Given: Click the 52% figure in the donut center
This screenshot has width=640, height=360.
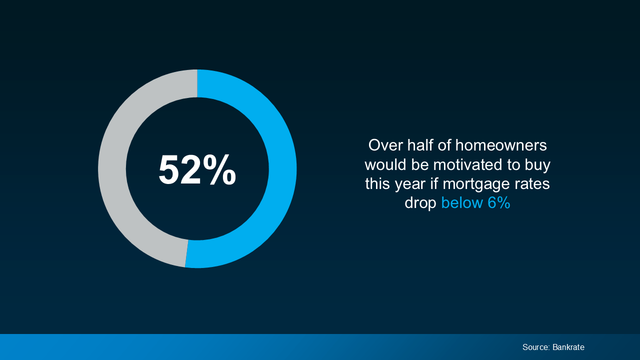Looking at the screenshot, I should tap(197, 170).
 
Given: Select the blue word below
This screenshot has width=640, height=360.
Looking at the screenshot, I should tap(459, 202).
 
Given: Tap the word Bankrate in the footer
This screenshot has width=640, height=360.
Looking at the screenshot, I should tap(568, 347).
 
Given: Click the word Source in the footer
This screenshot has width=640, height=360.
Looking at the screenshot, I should tap(535, 347).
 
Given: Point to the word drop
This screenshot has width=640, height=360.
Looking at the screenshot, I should tap(420, 203).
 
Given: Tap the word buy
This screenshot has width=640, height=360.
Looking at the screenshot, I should tap(536, 165).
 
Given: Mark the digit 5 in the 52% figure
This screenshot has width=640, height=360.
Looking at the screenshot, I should tap(169, 170).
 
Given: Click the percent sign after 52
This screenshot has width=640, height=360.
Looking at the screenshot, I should tap(219, 170).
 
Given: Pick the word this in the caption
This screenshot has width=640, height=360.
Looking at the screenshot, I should tap(377, 183).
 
